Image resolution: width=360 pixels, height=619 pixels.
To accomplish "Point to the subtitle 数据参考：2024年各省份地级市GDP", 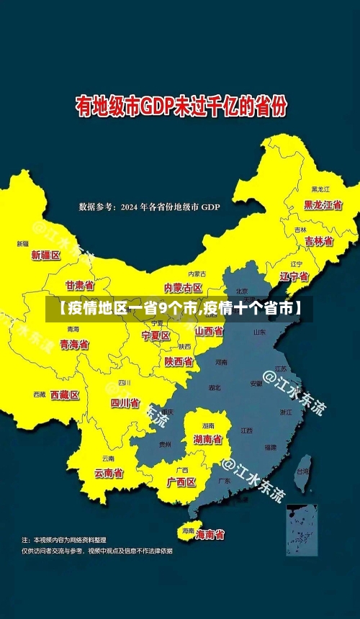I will [150, 207].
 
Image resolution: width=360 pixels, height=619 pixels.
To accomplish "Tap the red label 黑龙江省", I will [322, 204].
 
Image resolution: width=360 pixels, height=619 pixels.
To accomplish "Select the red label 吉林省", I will [318, 241].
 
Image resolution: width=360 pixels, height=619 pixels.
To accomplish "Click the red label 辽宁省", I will [294, 276].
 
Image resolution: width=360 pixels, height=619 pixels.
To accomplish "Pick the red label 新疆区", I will [45, 255].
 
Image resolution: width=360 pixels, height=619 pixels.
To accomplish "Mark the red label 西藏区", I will [65, 394].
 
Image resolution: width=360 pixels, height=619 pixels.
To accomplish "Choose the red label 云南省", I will [109, 473].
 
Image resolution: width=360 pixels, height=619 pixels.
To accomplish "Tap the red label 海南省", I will [210, 535].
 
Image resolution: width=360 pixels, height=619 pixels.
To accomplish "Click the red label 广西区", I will [181, 482].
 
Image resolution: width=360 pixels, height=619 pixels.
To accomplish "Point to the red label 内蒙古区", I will [183, 288].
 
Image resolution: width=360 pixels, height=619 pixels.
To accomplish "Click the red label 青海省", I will [74, 345].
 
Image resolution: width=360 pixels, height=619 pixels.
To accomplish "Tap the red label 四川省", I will [125, 403].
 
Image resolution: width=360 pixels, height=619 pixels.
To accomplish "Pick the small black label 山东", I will [260, 333].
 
